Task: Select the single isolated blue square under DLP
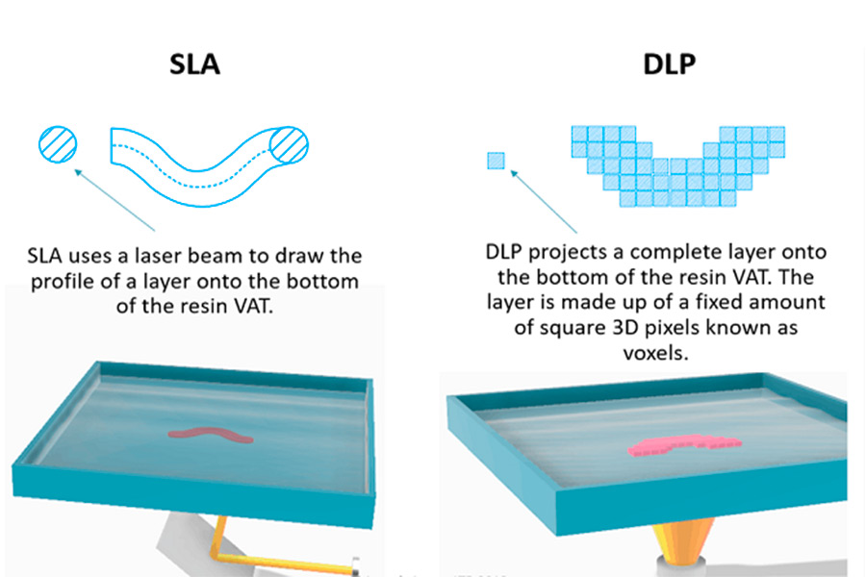495,161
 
